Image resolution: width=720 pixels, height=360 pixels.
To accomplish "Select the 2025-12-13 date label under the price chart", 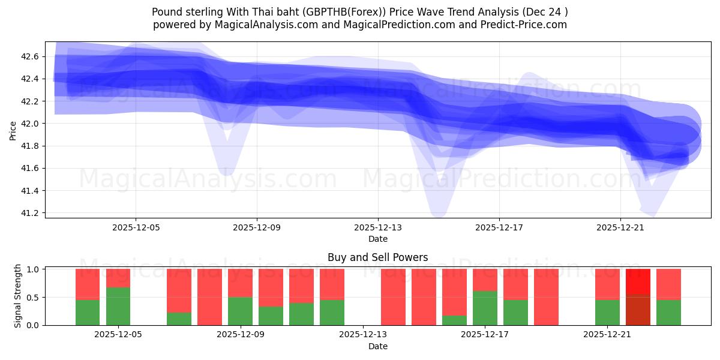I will click(x=378, y=228).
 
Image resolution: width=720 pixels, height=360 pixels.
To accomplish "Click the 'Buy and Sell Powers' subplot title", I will click(x=377, y=257).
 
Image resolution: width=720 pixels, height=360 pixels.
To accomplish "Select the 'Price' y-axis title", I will click(x=13, y=130).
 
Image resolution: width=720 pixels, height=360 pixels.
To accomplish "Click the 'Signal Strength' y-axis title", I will click(x=18, y=296).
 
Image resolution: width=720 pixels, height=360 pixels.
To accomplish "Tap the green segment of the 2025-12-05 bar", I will click(x=118, y=306).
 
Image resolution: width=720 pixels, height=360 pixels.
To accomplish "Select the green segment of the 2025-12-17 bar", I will click(x=485, y=308).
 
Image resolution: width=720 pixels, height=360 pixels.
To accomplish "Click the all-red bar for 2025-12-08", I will click(x=210, y=297).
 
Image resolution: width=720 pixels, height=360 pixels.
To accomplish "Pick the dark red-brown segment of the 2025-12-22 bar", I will click(x=638, y=310).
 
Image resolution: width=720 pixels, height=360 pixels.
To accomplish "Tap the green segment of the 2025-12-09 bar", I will click(x=241, y=311).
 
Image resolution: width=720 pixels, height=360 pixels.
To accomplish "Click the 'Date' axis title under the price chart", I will click(x=377, y=239).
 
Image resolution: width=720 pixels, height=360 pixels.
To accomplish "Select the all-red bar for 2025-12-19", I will click(x=546, y=297).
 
